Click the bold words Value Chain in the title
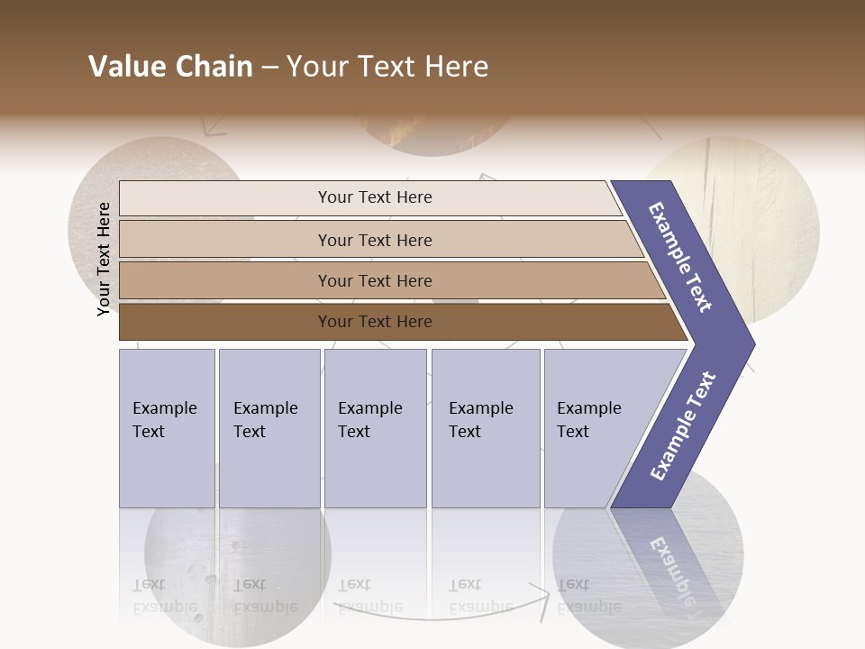170,67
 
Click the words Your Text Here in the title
387,67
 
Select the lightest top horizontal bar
374,197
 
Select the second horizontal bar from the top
374,240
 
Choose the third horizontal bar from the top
374,280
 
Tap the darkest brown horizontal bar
374,322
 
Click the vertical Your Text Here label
104,259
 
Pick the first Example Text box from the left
167,427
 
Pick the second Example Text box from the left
269,427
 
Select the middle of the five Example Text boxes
375,427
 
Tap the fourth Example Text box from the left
485,427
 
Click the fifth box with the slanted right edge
595,427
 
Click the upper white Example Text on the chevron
680,257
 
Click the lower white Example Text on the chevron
682,425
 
